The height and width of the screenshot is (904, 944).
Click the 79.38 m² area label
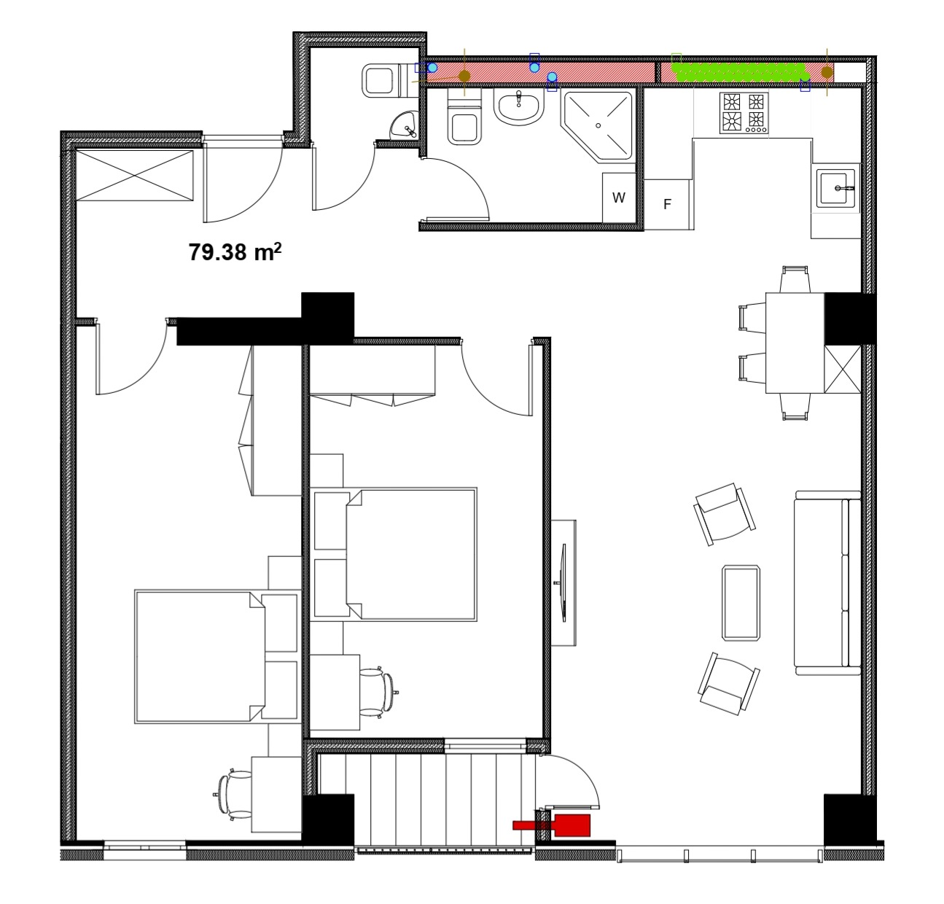click(235, 252)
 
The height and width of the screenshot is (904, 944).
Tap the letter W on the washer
click(618, 198)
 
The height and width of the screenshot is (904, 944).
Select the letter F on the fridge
click(667, 204)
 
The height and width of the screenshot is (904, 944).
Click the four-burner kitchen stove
click(744, 113)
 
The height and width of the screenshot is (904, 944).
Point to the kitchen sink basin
click(835, 188)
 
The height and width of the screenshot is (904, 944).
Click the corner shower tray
click(598, 125)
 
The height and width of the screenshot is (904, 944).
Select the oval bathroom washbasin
click(518, 107)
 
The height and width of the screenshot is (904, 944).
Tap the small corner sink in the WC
click(405, 125)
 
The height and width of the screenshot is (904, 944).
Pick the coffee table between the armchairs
click(741, 603)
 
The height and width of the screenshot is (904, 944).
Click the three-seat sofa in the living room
click(827, 583)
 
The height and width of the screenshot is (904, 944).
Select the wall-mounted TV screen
click(563, 582)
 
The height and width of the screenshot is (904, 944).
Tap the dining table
click(795, 343)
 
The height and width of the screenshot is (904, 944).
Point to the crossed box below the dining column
click(843, 369)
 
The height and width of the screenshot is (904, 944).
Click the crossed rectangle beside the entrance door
click(135, 175)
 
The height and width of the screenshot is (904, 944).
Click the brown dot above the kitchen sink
click(827, 72)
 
